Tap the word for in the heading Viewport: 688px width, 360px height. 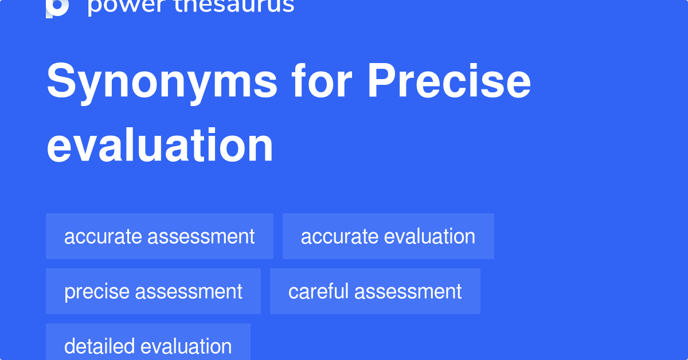click(322, 82)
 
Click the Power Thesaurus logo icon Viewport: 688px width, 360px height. click(57, 7)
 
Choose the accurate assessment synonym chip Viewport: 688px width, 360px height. click(159, 236)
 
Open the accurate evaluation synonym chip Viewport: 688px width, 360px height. click(388, 236)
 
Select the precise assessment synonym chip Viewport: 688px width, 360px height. click(153, 291)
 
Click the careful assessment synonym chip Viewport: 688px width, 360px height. click(375, 291)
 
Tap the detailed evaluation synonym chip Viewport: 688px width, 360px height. click(148, 346)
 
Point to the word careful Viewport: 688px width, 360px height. click(318, 291)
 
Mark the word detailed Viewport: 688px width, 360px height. click(99, 346)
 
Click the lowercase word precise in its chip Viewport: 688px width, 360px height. click(96, 291)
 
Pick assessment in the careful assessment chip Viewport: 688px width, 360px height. click(408, 291)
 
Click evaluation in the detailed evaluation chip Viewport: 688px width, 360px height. click(186, 346)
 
